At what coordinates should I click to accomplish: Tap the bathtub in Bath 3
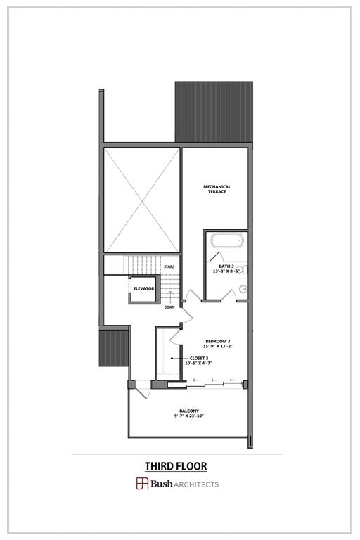click(x=226, y=241)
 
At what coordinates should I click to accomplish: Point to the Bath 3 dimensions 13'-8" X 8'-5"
click(x=227, y=271)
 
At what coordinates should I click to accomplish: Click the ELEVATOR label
click(x=143, y=288)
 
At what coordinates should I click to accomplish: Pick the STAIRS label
click(x=169, y=267)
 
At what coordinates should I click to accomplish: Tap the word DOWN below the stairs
click(x=169, y=307)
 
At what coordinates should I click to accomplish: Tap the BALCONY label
click(x=188, y=411)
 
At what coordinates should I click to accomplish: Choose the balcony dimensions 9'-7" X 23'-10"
click(x=188, y=416)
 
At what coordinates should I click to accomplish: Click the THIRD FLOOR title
click(x=176, y=466)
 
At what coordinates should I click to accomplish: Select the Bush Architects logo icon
click(x=142, y=484)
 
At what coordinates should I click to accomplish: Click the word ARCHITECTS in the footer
click(x=198, y=484)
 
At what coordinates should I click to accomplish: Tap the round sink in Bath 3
click(x=243, y=288)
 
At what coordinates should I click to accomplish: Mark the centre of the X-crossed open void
click(x=141, y=200)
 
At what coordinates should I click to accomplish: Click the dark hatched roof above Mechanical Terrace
click(x=214, y=111)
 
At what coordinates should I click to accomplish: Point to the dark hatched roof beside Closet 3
click(x=113, y=349)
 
